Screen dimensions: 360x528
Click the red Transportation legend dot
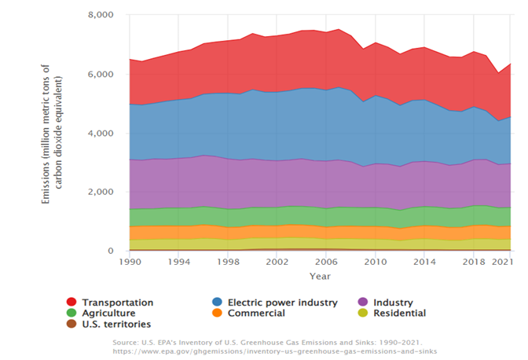(x=71, y=303)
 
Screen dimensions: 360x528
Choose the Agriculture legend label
(x=109, y=313)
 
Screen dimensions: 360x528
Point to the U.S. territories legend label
(x=116, y=324)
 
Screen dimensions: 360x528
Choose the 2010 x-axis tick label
(x=375, y=261)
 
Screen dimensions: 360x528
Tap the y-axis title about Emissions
(x=49, y=133)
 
